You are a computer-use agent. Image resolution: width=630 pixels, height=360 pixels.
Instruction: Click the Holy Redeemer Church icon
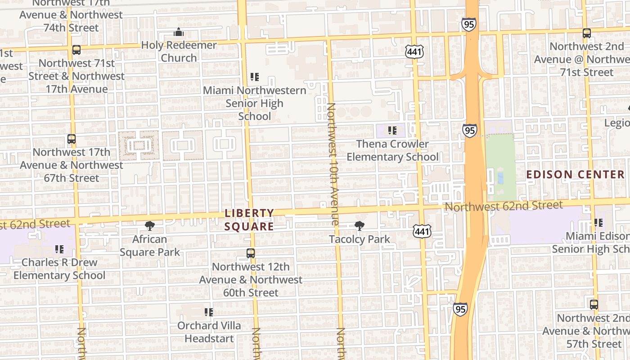pyautogui.click(x=179, y=32)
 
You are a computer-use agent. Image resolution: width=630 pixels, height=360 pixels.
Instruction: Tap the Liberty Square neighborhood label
pyautogui.click(x=249, y=220)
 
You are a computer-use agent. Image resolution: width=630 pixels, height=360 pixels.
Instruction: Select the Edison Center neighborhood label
pyautogui.click(x=575, y=175)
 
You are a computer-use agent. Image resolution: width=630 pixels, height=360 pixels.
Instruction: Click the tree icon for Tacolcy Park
pyautogui.click(x=359, y=226)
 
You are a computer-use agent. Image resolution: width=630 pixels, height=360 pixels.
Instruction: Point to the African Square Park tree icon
pyautogui.click(x=150, y=226)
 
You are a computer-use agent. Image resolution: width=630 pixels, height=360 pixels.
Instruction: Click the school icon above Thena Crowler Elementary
pyautogui.click(x=392, y=130)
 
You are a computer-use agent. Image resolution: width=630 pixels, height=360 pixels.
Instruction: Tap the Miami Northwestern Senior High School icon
pyautogui.click(x=255, y=77)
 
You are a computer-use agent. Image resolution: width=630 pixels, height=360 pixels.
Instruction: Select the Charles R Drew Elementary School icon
pyautogui.click(x=59, y=249)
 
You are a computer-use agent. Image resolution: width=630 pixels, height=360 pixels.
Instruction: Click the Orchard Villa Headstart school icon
pyautogui.click(x=209, y=312)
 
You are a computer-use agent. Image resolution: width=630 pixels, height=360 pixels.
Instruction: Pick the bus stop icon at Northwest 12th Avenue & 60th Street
pyautogui.click(x=251, y=253)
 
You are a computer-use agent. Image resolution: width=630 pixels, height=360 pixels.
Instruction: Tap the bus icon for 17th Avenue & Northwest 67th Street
pyautogui.click(x=72, y=139)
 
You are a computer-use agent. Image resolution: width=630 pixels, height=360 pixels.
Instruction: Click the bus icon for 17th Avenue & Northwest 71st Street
pyautogui.click(x=76, y=50)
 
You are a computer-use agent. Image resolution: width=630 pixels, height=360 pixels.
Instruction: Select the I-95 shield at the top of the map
pyautogui.click(x=468, y=24)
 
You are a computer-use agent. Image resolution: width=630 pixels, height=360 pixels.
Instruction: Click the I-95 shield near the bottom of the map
pyautogui.click(x=460, y=309)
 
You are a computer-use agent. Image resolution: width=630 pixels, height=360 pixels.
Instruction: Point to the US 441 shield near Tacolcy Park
pyautogui.click(x=423, y=231)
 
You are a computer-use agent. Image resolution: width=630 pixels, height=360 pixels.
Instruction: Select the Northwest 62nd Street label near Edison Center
pyautogui.click(x=504, y=206)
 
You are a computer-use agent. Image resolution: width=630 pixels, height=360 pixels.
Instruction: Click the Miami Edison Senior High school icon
pyautogui.click(x=598, y=222)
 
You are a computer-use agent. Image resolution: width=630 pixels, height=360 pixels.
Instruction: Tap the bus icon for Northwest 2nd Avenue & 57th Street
pyautogui.click(x=594, y=305)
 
